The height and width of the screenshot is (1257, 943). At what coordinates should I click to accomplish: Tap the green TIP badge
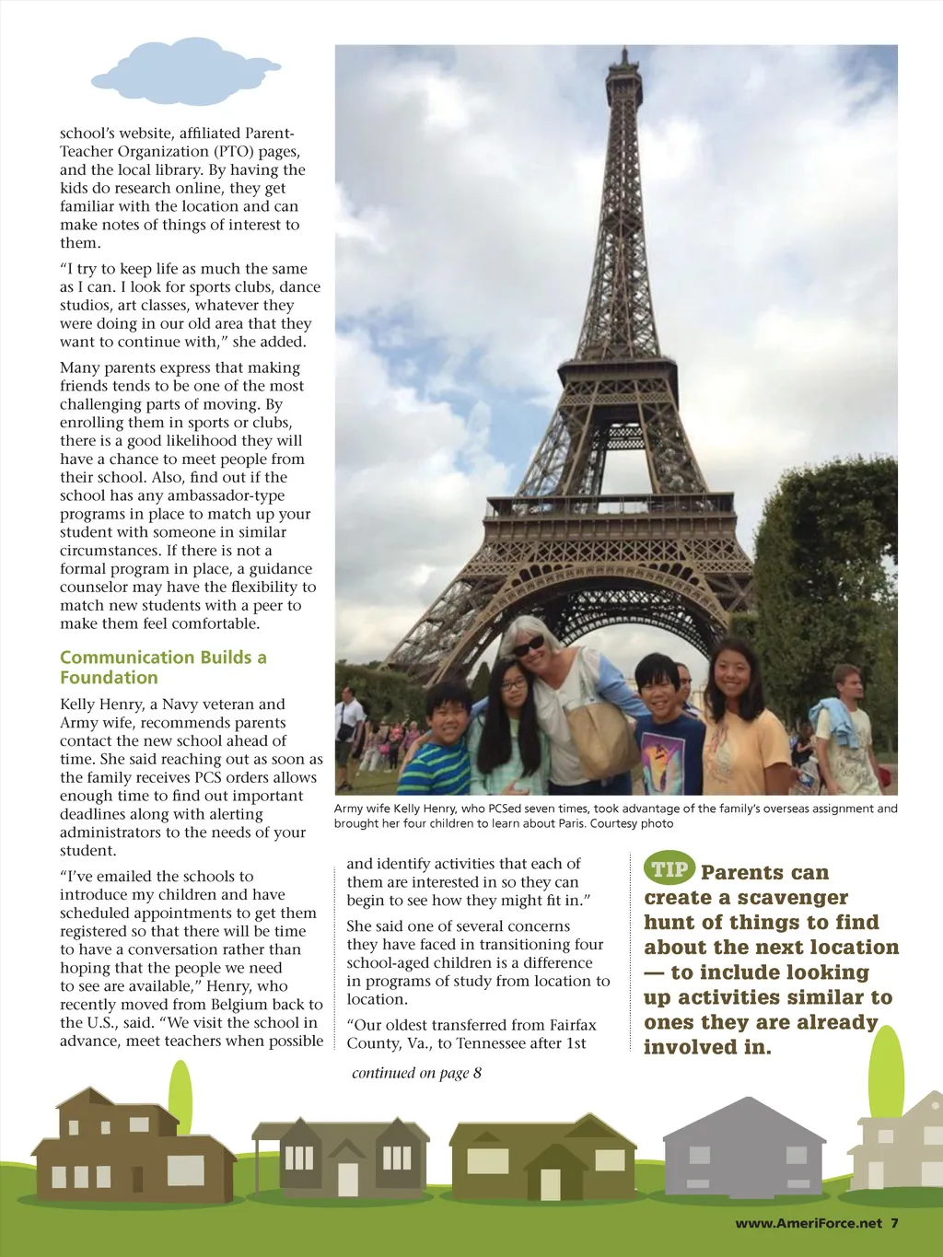point(669,868)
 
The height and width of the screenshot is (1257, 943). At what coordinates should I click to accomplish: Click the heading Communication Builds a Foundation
point(163,668)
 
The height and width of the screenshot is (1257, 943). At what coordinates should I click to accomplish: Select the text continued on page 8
point(416,1073)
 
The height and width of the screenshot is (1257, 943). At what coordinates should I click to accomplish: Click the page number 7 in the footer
point(894,1223)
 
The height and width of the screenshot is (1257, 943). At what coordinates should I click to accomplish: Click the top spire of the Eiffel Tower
point(624,57)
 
